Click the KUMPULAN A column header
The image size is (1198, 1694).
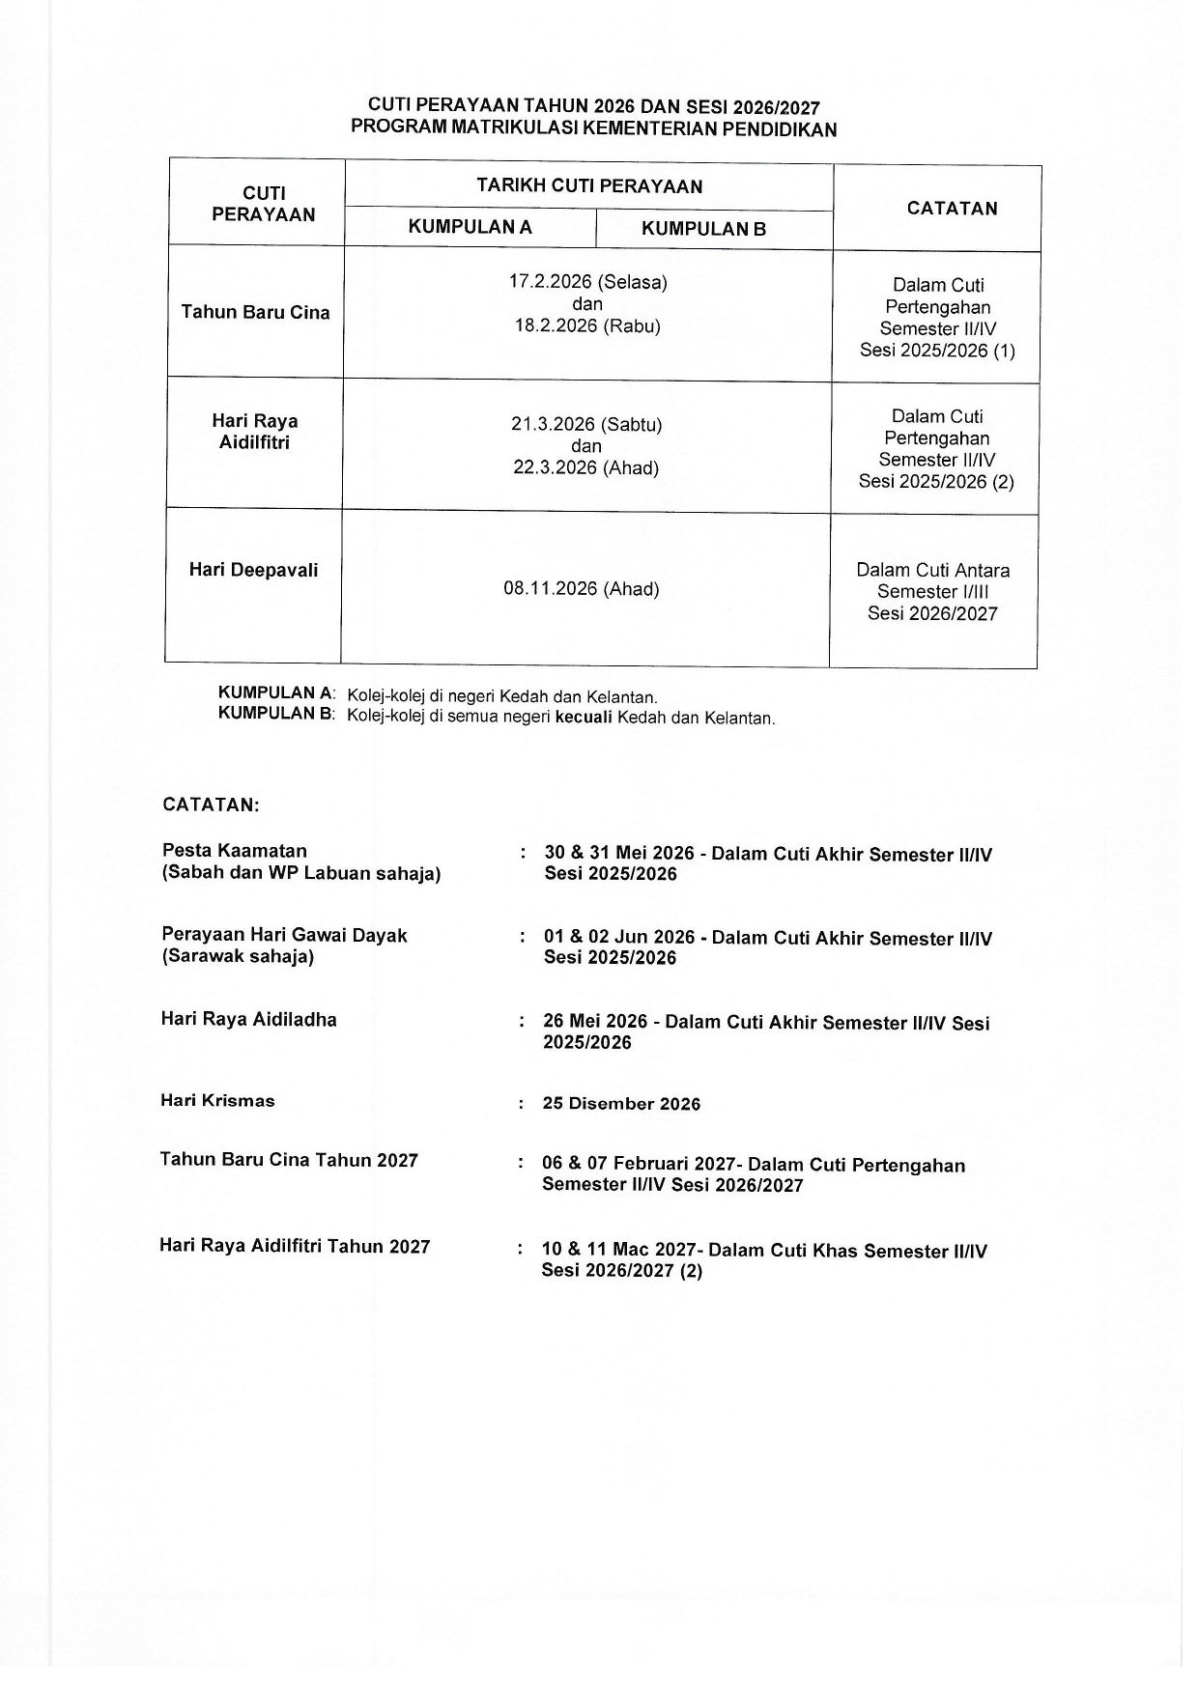[x=470, y=227]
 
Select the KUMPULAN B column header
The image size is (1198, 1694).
[x=703, y=229]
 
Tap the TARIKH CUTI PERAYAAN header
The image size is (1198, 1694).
[x=589, y=186]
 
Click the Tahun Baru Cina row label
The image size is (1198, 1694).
[x=255, y=312]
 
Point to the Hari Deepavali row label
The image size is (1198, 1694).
[x=253, y=570]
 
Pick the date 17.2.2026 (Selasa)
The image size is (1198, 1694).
[x=588, y=282]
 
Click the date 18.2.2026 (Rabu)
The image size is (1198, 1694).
[x=587, y=325]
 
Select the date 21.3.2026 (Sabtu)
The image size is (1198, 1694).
[x=586, y=424]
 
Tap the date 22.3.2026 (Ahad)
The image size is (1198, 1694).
[x=585, y=467]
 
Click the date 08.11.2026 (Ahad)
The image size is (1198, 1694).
[x=582, y=588]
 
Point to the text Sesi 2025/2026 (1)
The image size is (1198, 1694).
[x=937, y=350]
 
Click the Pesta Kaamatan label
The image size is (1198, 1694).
[x=235, y=851]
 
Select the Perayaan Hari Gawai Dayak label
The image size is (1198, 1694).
[x=284, y=935]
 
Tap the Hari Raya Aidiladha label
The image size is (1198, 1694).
[x=249, y=1019]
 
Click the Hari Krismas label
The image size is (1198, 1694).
[x=217, y=1101]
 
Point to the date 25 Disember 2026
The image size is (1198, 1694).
[x=621, y=1104]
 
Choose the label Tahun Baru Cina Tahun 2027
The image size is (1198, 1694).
[x=289, y=1160]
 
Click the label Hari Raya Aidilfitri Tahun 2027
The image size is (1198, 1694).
[x=295, y=1246]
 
